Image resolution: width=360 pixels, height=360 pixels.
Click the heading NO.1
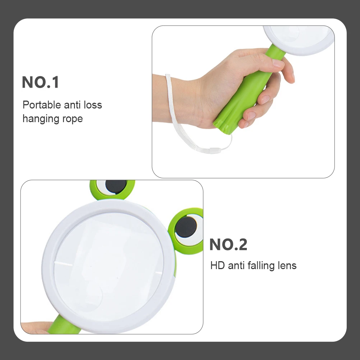(x=40, y=82)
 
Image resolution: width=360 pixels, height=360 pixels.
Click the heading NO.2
(x=228, y=245)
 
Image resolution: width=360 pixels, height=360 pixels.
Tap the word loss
(x=93, y=105)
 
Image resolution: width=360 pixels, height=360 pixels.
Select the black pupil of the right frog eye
(x=186, y=228)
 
